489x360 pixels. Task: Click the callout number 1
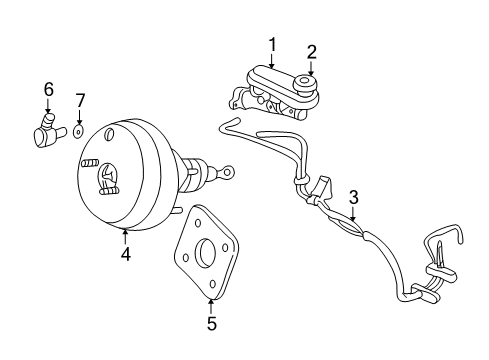271,43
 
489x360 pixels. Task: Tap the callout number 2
311,51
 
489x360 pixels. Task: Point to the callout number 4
125,254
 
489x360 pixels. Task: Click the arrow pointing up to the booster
125,237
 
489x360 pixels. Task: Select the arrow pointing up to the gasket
211,302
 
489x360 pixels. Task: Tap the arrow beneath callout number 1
271,60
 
